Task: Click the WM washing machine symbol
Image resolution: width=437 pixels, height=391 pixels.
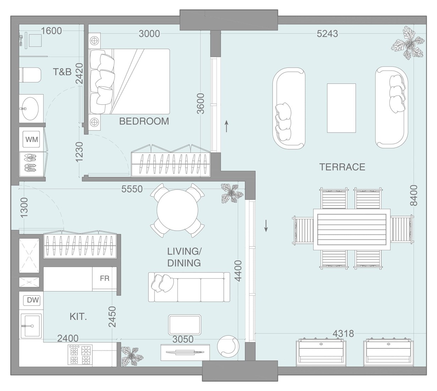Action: [x=32, y=139]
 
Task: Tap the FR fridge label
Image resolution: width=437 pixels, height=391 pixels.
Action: [x=105, y=278]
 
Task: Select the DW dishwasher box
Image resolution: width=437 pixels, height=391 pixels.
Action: [x=33, y=300]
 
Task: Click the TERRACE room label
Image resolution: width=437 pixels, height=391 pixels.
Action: [x=342, y=167]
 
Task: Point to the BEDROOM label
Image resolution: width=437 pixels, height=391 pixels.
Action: [x=144, y=121]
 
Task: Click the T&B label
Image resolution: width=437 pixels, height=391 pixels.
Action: [x=62, y=72]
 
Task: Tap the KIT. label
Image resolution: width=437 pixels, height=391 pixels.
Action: [x=78, y=317]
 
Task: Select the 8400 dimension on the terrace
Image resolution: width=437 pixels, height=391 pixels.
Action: [x=414, y=195]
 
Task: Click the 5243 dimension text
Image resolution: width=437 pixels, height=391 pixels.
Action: [x=327, y=34]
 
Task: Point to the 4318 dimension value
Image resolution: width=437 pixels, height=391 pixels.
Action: [x=343, y=333]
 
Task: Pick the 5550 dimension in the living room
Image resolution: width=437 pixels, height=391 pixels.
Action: [x=132, y=189]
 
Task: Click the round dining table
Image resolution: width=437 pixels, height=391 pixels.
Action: [x=177, y=211]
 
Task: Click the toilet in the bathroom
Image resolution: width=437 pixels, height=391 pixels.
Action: [x=30, y=75]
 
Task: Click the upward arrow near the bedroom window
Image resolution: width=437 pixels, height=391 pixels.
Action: [x=226, y=127]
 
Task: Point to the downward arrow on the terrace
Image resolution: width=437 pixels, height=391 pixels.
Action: [x=266, y=226]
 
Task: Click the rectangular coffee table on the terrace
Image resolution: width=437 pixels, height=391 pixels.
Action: [x=341, y=108]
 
